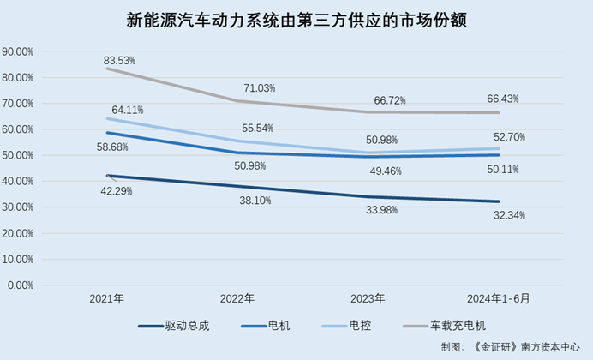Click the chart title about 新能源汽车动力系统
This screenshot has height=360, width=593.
pos(296,19)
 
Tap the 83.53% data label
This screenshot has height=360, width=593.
pos(120,61)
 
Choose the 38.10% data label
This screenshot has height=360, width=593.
pos(256,201)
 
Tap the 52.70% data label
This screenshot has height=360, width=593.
pos(507,137)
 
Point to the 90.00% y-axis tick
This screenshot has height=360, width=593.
pos(18,51)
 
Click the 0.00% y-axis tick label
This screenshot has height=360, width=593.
pos(21,285)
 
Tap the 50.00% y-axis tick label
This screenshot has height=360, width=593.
pos(18,155)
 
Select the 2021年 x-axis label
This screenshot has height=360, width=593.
pos(107,299)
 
